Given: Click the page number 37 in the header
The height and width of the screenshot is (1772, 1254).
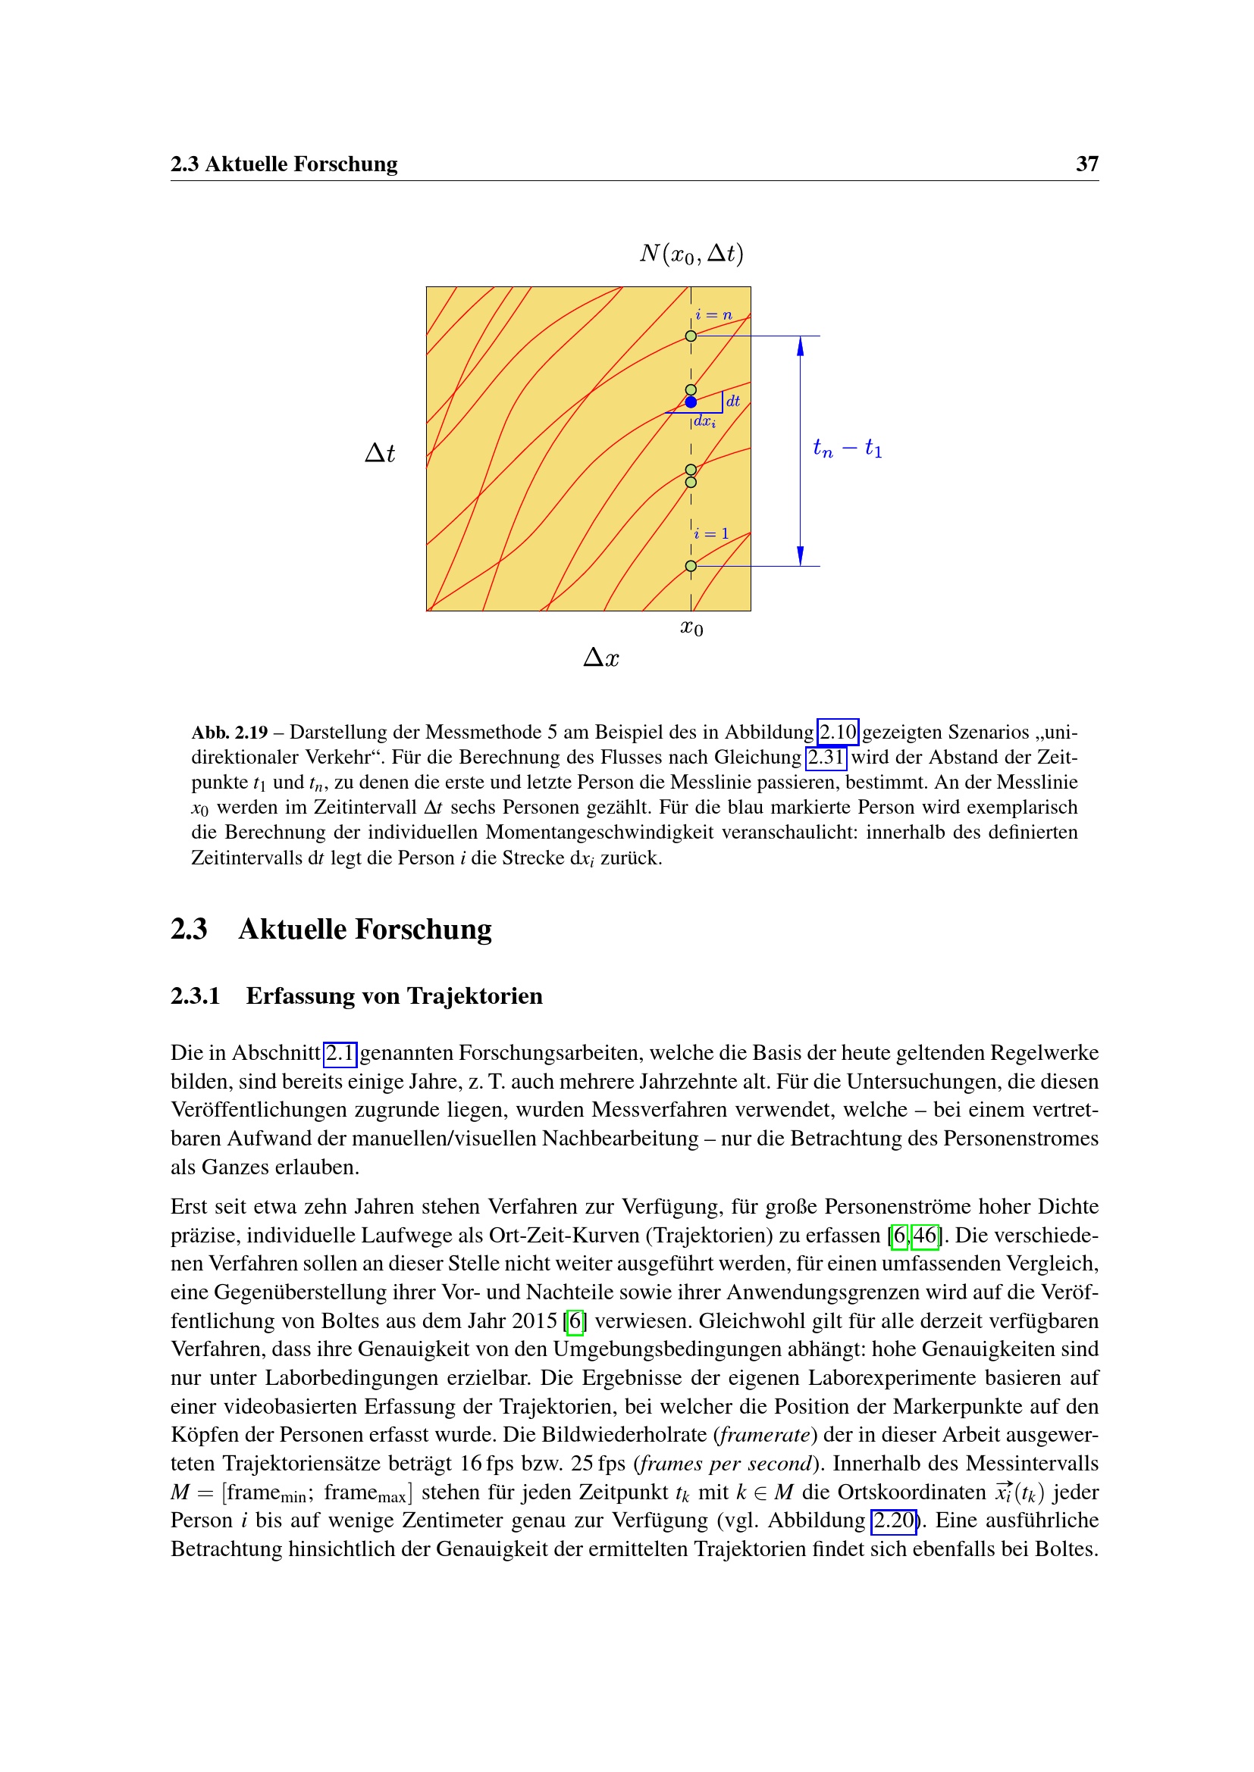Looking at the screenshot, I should tap(1086, 164).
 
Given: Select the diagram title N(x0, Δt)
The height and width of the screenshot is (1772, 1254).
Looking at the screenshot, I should tap(691, 253).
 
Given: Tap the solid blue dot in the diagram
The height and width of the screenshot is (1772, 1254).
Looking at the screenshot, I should tap(691, 402).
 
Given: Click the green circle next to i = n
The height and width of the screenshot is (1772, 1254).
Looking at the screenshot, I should tap(691, 336).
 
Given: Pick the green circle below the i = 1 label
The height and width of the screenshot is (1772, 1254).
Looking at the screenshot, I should tap(691, 566).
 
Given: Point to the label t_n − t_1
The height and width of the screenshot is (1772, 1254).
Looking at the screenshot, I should tap(847, 448).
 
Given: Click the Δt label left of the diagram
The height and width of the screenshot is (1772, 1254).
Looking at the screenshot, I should tap(379, 453).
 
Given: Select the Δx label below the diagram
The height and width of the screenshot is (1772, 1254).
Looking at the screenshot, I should tap(600, 658).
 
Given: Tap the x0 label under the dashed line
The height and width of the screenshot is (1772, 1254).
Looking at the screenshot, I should tap(691, 628).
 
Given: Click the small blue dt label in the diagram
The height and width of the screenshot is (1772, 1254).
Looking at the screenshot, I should tap(733, 401).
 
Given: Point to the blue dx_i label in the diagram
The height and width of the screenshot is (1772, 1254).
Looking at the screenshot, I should tap(704, 421).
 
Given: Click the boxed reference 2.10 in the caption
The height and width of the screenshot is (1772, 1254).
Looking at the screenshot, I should tap(838, 732).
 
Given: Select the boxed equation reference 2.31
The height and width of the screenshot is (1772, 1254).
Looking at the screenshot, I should tap(826, 757).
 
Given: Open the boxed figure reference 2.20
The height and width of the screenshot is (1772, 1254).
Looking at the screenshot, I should tap(893, 1521).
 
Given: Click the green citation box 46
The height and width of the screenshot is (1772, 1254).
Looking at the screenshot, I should tap(925, 1236).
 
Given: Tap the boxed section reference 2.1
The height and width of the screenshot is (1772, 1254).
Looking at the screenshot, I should tap(340, 1053).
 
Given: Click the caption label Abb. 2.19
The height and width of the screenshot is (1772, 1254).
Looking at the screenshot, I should tap(229, 732).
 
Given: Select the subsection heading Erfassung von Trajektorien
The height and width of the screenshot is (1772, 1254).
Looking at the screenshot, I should tap(393, 995).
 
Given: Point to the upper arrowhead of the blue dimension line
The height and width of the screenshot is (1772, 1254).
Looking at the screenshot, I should tap(800, 346).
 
